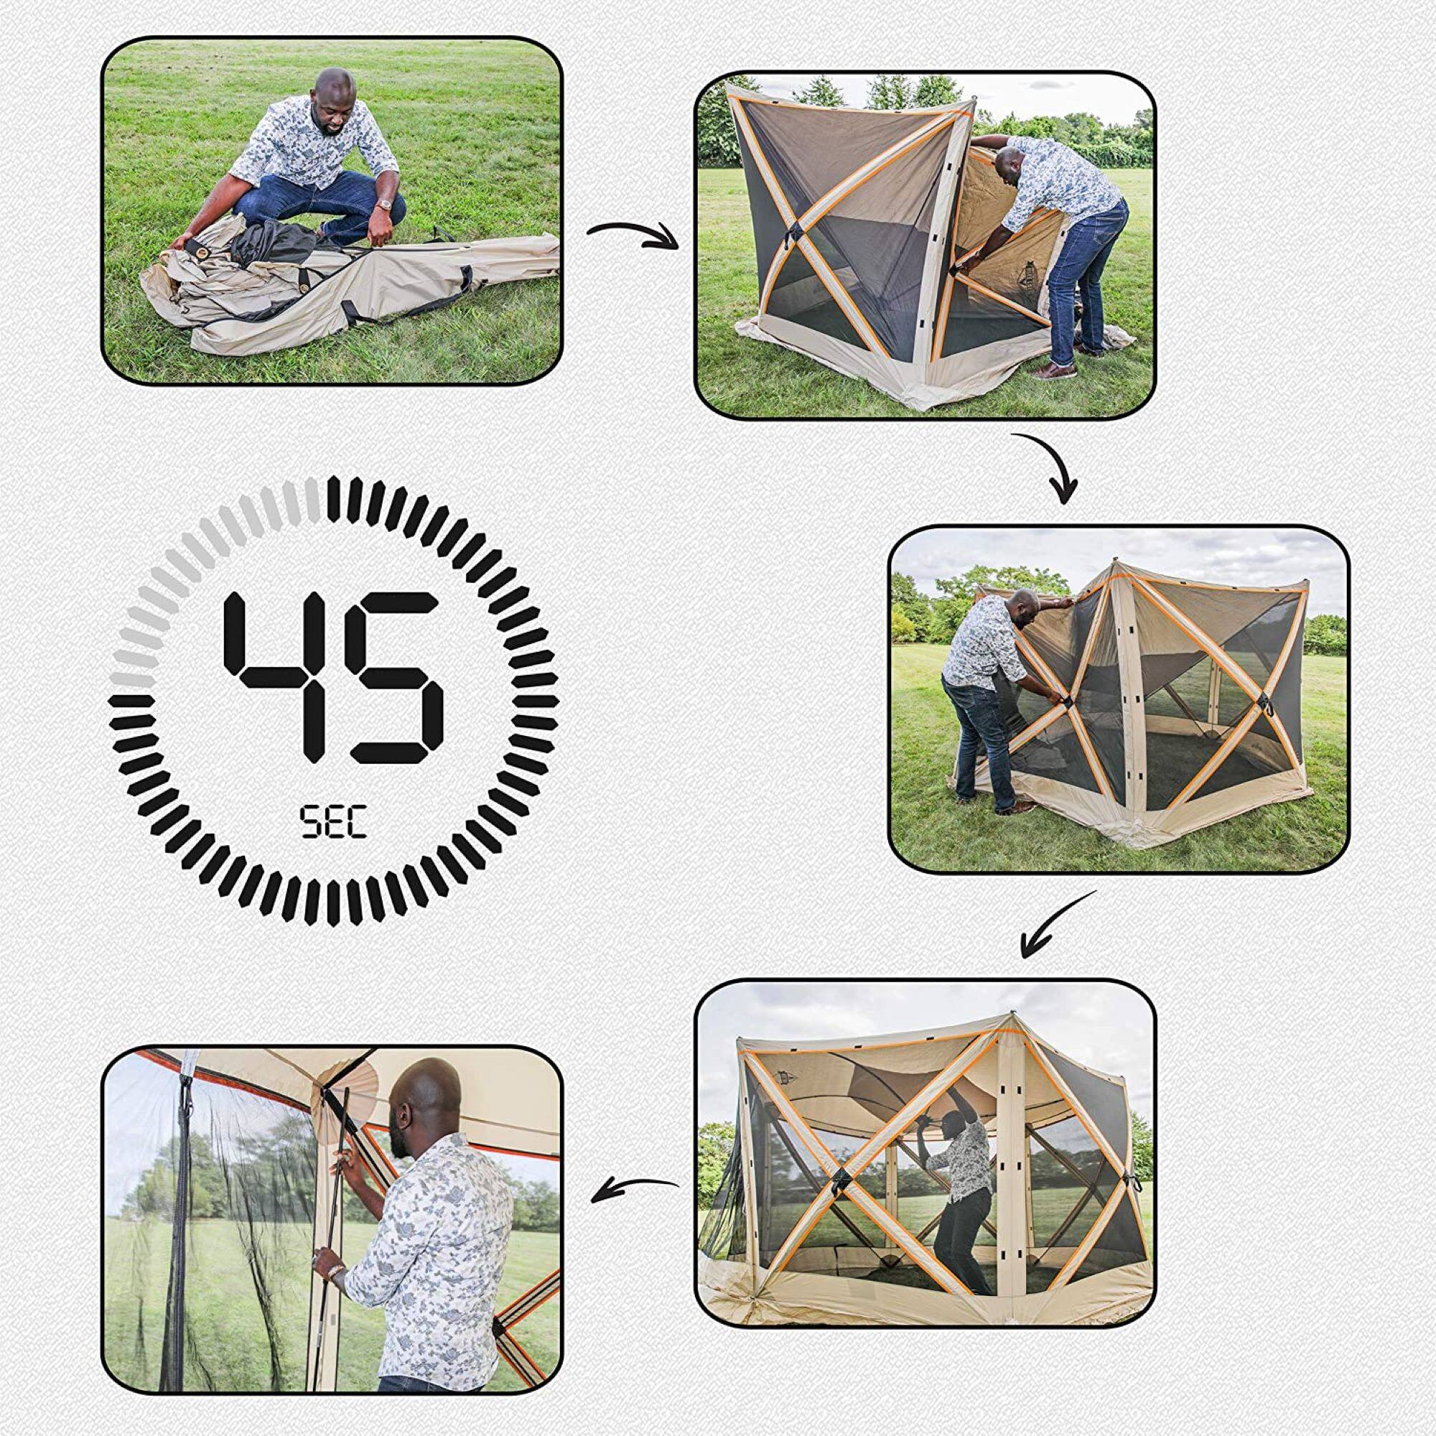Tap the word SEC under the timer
pyautogui.click(x=334, y=823)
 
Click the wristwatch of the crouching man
pyautogui.click(x=384, y=205)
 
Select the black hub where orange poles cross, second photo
pyautogui.click(x=795, y=236)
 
